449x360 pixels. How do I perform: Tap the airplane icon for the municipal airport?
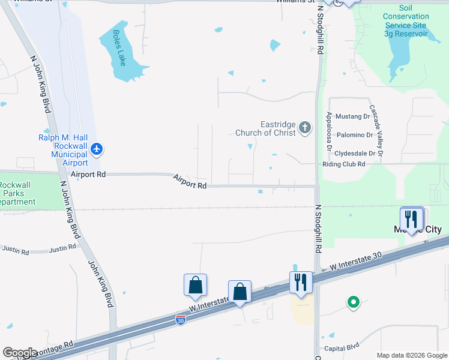click(97, 148)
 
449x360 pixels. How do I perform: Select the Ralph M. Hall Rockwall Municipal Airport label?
click(63, 150)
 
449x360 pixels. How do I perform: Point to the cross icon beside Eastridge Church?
click(305, 127)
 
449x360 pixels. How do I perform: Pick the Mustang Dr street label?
click(354, 116)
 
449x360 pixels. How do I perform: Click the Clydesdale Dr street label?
click(355, 153)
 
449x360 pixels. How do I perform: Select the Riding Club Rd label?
click(344, 164)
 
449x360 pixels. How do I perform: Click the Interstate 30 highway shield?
click(180, 321)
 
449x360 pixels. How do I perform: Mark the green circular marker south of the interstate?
click(354, 302)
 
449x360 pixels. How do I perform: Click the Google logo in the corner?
click(20, 353)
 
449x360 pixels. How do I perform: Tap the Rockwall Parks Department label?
click(18, 194)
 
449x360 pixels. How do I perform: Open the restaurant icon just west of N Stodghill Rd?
click(301, 282)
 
